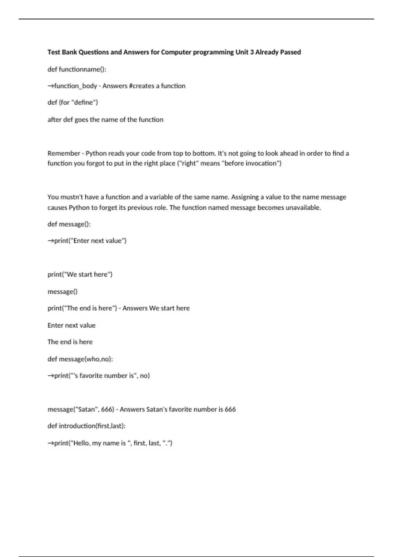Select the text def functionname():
point(77,69)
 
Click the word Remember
point(64,153)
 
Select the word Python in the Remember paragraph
point(96,153)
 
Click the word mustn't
point(72,197)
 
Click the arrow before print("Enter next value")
point(51,241)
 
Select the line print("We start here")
point(80,274)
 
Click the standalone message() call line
point(63,291)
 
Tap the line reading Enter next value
point(71,325)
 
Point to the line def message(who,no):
point(80,359)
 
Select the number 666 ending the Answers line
point(230,409)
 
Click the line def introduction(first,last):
point(86,426)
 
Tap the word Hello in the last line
point(81,443)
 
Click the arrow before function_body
point(51,86)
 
